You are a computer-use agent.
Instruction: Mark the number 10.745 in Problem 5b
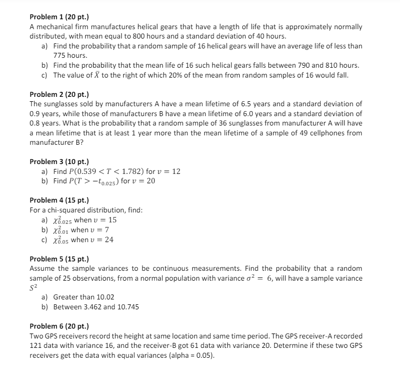tap(128, 307)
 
